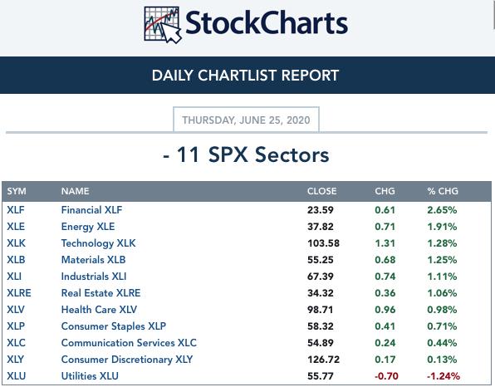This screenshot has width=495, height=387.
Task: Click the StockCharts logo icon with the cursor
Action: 162,25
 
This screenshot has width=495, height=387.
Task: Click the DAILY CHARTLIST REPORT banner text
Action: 245,76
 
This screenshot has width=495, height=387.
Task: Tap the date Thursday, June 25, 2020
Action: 246,120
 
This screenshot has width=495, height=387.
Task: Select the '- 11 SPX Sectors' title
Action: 246,154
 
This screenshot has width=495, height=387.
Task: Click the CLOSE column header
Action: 321,191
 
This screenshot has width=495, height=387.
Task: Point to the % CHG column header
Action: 443,191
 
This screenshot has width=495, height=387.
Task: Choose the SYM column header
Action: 17,191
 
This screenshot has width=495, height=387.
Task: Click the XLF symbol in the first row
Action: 16,210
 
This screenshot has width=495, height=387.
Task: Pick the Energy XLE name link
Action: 88,227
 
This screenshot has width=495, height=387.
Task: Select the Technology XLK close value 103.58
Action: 323,243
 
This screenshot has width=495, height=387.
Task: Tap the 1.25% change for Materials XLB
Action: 442,260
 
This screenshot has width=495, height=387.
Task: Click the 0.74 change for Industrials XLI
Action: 385,277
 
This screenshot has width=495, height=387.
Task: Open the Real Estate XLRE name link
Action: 100,293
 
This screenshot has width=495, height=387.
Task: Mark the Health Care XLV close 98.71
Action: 320,310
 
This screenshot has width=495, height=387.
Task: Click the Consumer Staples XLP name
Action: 113,326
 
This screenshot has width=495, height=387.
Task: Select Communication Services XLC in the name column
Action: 129,343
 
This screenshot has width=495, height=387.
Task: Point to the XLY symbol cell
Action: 16,360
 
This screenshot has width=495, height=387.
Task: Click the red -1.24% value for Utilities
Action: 444,376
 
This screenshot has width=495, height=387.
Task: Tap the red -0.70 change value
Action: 386,376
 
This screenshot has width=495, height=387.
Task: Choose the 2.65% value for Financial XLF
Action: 442,210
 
